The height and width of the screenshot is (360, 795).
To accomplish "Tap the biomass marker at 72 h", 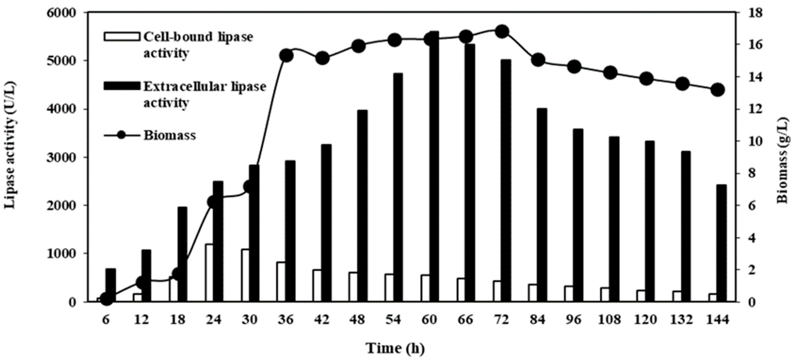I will pos(502,32).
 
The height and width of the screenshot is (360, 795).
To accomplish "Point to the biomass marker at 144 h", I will pos(718,90).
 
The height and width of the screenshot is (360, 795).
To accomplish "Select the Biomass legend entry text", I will pos(170,136).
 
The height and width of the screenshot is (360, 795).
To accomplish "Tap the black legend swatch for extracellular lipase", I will pos(122,86).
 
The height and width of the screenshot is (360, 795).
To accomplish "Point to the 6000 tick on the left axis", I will pos(61,13).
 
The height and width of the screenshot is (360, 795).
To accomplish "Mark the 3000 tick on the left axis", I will pos(61,158).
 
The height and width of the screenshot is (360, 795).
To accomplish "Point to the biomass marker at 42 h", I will pos(322,58).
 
